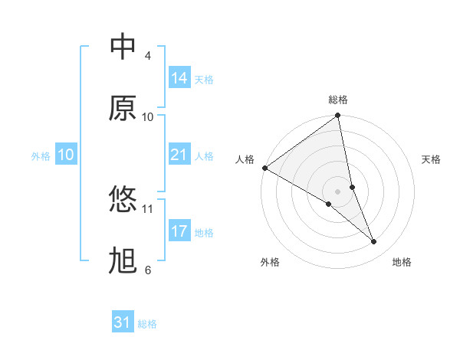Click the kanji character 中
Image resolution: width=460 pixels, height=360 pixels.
123,47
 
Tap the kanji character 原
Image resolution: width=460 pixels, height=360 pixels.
123,109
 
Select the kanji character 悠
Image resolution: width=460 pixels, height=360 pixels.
123,201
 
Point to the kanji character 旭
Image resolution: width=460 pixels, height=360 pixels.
123,262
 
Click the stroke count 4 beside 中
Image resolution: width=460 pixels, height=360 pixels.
148,56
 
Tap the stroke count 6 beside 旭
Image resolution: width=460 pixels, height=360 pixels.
148,270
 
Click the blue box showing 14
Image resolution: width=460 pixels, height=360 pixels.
179,78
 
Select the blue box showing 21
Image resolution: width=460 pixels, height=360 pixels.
179,155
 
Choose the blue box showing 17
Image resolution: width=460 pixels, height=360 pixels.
179,231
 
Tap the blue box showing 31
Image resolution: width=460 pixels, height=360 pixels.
123,322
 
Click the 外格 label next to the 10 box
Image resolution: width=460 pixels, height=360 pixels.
41,156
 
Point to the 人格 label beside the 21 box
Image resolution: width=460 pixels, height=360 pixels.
204,156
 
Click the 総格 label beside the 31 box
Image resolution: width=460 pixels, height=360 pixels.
147,324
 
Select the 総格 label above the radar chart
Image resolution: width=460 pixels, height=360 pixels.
338,100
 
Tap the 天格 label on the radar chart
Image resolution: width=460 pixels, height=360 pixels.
432,159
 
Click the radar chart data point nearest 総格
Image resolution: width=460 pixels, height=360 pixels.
338,116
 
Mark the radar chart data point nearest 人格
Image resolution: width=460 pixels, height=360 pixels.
264,168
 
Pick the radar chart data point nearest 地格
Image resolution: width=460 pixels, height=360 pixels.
374,242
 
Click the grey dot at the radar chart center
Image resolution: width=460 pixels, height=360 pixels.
338,191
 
